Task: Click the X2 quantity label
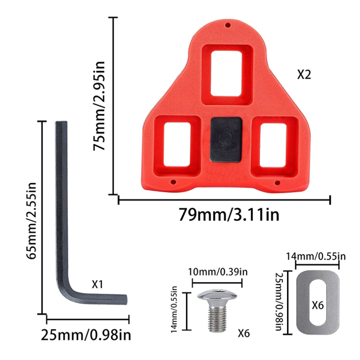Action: [x=304, y=75]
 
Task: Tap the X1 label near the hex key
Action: [x=97, y=284]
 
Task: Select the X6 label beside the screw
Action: [x=243, y=333]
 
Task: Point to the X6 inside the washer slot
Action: [x=318, y=306]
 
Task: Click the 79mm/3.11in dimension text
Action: [x=229, y=215]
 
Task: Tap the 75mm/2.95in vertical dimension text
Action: [x=99, y=106]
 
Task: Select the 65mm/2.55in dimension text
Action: [x=31, y=220]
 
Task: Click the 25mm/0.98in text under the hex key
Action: [x=86, y=335]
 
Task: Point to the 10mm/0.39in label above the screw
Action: [x=218, y=272]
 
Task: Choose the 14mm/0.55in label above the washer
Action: [x=316, y=256]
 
